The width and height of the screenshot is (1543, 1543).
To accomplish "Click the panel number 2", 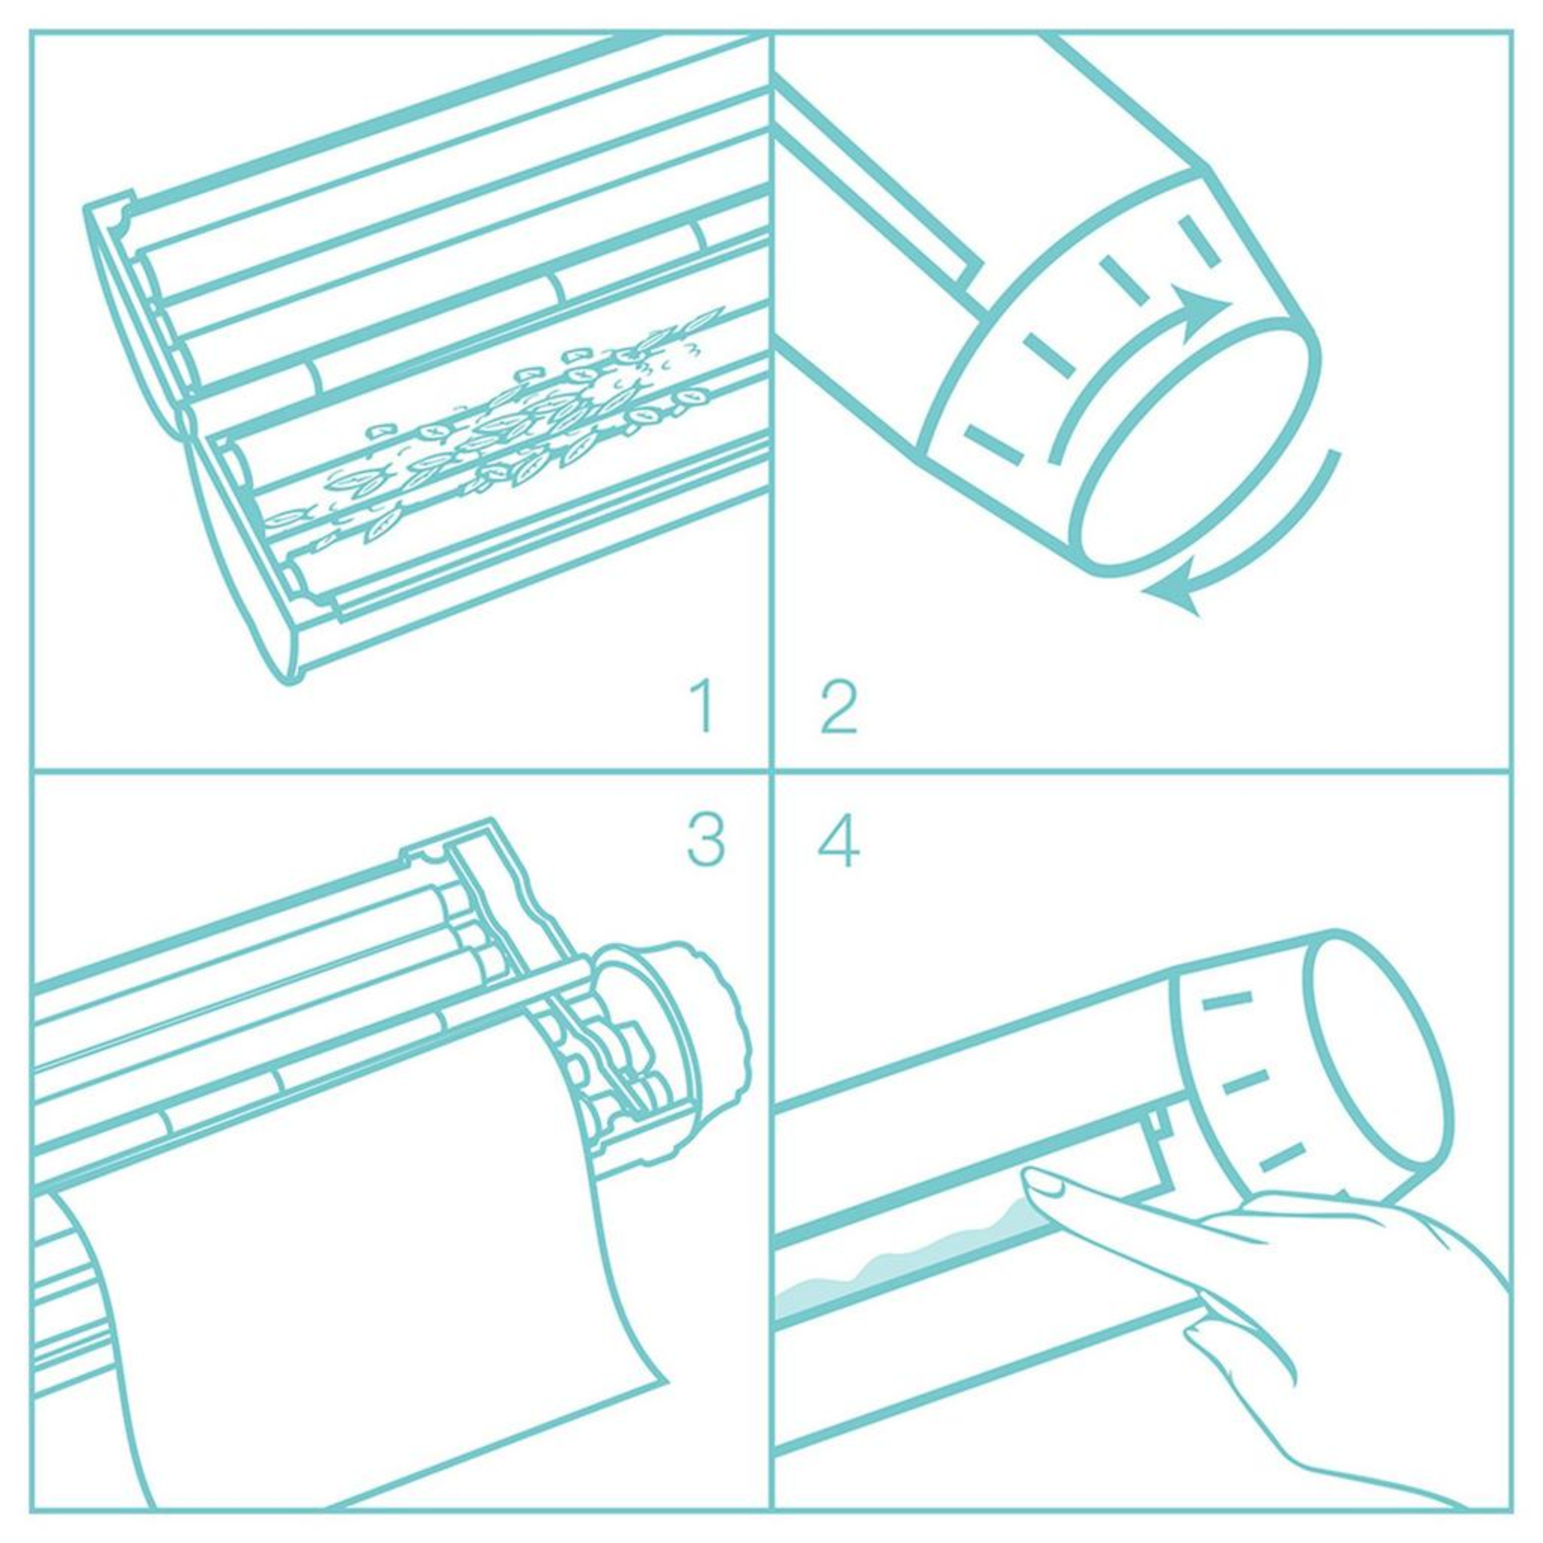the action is tap(839, 706).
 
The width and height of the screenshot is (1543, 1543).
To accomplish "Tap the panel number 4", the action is tap(839, 840).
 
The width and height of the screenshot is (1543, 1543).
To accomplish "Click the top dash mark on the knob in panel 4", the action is tap(1227, 999).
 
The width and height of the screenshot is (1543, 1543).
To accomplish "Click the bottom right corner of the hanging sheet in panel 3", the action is tap(667, 1381).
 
